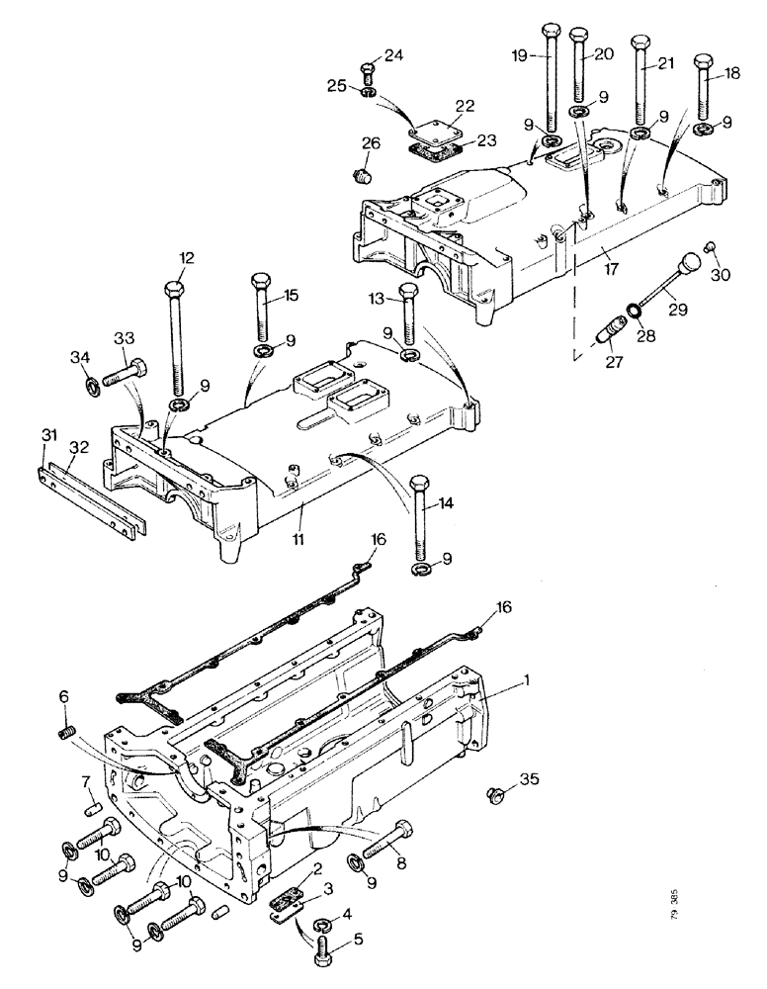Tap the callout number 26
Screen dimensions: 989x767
[371, 142]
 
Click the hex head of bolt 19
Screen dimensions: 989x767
[551, 30]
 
